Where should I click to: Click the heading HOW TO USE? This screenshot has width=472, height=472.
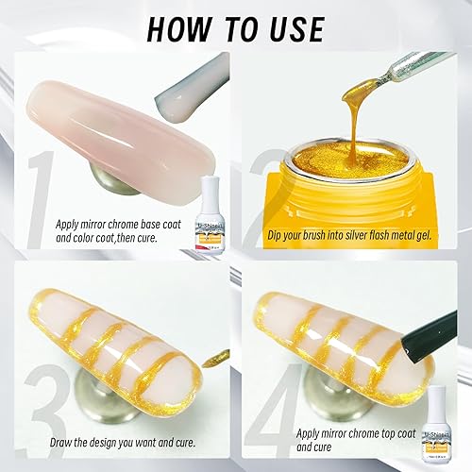coord(236,27)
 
